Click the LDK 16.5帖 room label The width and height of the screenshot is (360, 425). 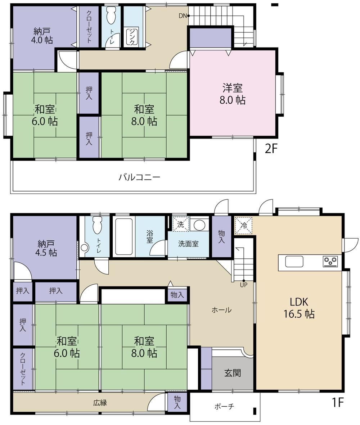click(x=299, y=308)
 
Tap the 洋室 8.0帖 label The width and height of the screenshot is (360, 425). click(x=232, y=94)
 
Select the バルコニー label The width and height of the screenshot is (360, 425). click(x=139, y=177)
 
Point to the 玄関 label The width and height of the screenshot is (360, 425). click(x=233, y=373)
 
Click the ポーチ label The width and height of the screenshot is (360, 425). click(x=224, y=406)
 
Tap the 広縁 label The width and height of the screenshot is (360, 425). click(x=100, y=403)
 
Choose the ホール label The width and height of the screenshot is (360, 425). click(x=221, y=310)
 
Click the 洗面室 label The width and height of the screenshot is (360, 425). click(x=188, y=244)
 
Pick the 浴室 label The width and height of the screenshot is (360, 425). click(x=149, y=237)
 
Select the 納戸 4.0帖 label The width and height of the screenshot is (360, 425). click(x=43, y=36)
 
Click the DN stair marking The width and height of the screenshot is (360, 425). click(x=183, y=16)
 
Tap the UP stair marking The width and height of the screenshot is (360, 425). click(x=243, y=285)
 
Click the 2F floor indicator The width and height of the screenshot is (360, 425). click(x=271, y=148)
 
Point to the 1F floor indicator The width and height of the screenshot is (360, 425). click(x=338, y=402)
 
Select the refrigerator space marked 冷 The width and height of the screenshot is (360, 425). click(x=243, y=225)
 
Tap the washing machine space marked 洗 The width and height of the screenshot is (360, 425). click(x=181, y=224)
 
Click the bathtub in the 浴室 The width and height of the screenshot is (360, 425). click(x=123, y=236)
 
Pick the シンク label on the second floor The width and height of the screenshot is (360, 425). click(x=132, y=37)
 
